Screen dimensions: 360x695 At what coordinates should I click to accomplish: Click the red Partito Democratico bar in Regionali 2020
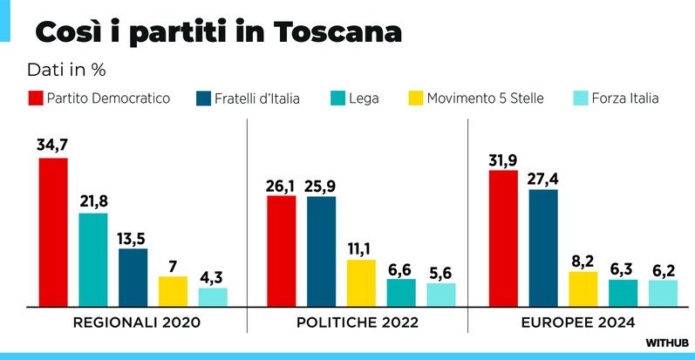[53, 232]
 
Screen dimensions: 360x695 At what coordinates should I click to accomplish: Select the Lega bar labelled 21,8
[93, 260]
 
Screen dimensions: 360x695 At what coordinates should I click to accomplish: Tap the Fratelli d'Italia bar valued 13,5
[133, 277]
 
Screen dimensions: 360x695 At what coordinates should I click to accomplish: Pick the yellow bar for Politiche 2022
[361, 283]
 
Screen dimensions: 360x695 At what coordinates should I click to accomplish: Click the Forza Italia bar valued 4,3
[213, 297]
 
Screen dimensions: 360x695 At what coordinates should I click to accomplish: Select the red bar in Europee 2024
[503, 238]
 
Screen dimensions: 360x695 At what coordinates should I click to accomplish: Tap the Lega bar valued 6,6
[401, 293]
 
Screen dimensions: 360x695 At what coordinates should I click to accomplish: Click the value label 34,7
[53, 145]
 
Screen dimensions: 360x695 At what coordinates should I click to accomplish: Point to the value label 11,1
[361, 248]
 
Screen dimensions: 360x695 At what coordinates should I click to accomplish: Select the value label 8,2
[583, 259]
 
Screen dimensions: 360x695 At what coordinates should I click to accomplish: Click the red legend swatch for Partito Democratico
[36, 98]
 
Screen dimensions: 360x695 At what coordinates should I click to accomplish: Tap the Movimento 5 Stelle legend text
[485, 98]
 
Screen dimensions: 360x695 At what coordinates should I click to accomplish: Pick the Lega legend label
[364, 98]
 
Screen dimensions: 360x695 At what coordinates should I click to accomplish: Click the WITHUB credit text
[667, 343]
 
